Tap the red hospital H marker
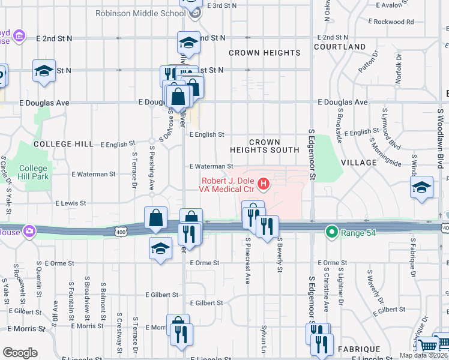coord(263,184)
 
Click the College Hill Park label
coord(32,173)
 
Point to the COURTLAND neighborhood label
coord(340,47)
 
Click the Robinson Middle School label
coord(140,13)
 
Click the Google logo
coord(20,352)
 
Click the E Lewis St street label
coord(71,203)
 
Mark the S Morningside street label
coord(385,152)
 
